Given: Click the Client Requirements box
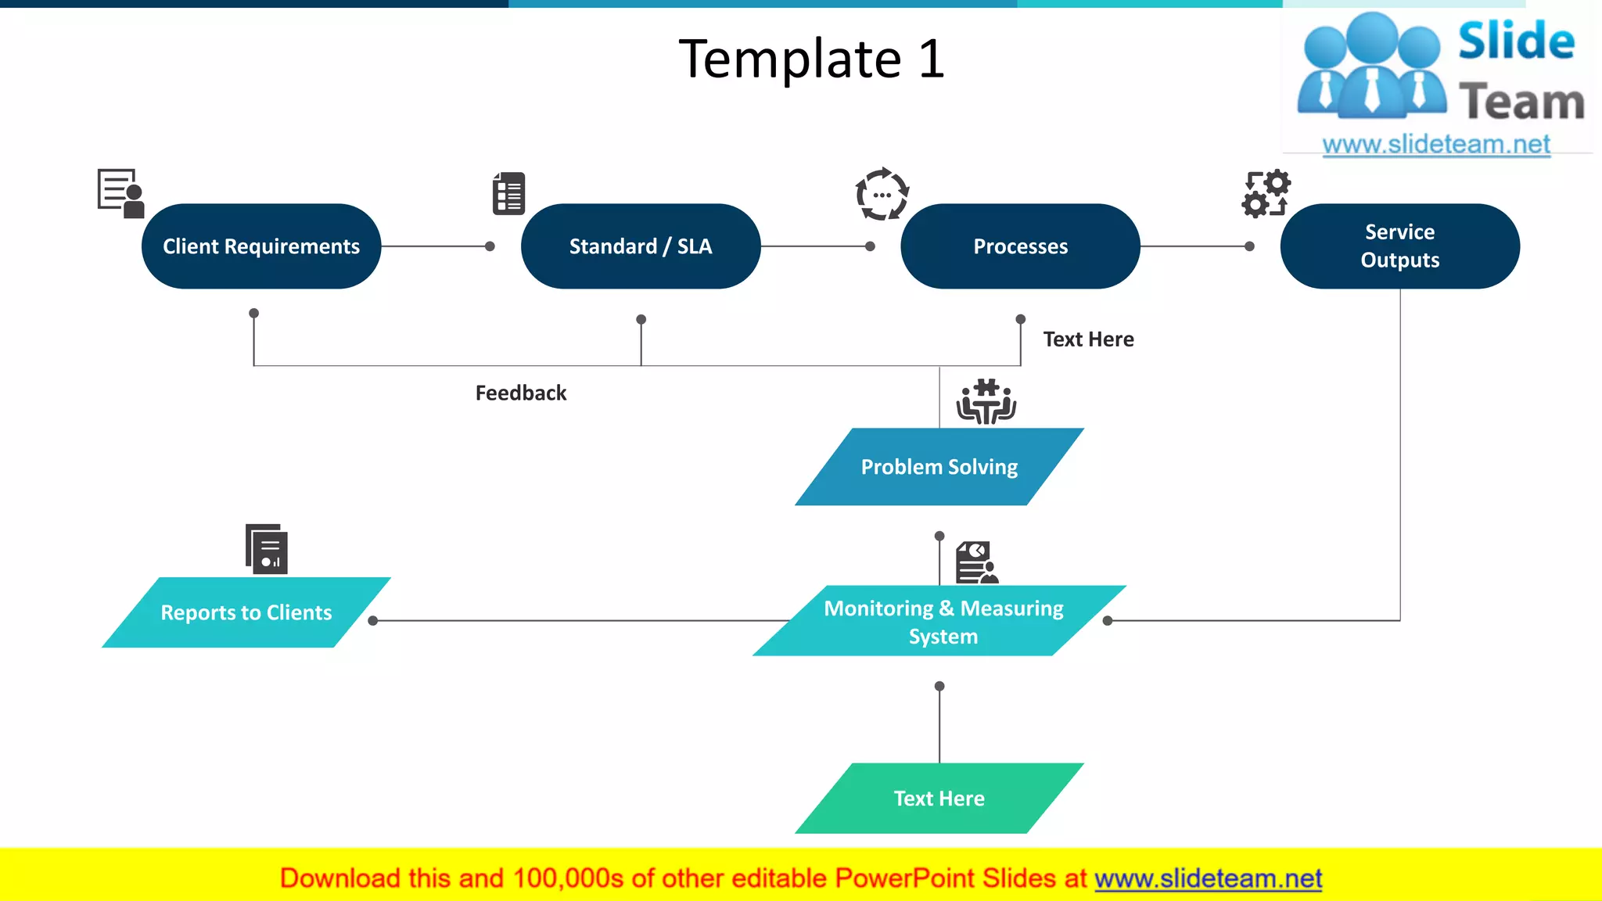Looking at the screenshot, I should click(260, 246).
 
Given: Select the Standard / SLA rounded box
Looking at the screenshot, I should click(640, 246).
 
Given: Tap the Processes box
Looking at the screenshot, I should click(1020, 246).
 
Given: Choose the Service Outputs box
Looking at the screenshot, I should click(1399, 246).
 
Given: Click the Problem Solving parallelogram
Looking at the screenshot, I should click(939, 467).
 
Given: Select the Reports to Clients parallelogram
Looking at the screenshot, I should click(246, 612).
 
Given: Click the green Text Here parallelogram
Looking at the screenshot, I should click(939, 799).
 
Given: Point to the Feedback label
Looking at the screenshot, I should click(521, 393).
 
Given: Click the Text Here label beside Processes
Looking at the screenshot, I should click(1088, 339).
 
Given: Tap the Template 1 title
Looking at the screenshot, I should click(812, 59).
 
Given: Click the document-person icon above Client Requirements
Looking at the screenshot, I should click(120, 192).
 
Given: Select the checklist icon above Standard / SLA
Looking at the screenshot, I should click(508, 193).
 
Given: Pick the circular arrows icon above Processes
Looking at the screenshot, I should click(882, 194).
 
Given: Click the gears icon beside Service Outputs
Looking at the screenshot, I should click(1266, 193).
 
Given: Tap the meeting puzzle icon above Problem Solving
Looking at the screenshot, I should click(986, 402).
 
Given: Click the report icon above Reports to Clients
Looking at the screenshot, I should click(267, 549).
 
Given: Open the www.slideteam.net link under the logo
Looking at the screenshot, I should click(1436, 145).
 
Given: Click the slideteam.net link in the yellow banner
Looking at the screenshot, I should click(1208, 879).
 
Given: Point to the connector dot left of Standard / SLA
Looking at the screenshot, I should click(490, 246).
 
